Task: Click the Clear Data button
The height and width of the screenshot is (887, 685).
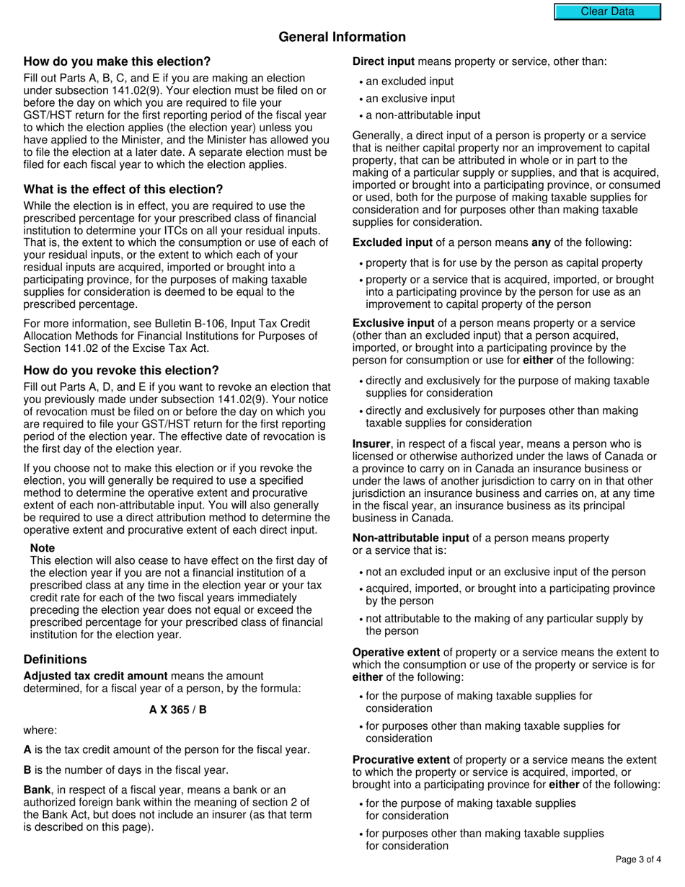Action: point(607,12)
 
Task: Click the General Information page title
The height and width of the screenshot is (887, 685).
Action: point(342,37)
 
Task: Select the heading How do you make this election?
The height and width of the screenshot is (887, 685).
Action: point(118,61)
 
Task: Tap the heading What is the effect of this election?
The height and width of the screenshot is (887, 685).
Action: point(123,190)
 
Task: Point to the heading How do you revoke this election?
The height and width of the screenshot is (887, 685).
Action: point(121,371)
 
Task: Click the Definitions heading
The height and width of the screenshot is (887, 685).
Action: point(55,659)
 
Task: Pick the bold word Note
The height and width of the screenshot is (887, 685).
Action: point(43,548)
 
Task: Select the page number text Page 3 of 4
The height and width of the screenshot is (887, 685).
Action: point(639,859)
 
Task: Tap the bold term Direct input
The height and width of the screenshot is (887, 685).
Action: point(384,61)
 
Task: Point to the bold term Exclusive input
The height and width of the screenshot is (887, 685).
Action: point(394,323)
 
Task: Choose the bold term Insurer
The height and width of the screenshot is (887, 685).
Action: point(371,444)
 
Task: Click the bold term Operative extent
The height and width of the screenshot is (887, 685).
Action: point(396,653)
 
